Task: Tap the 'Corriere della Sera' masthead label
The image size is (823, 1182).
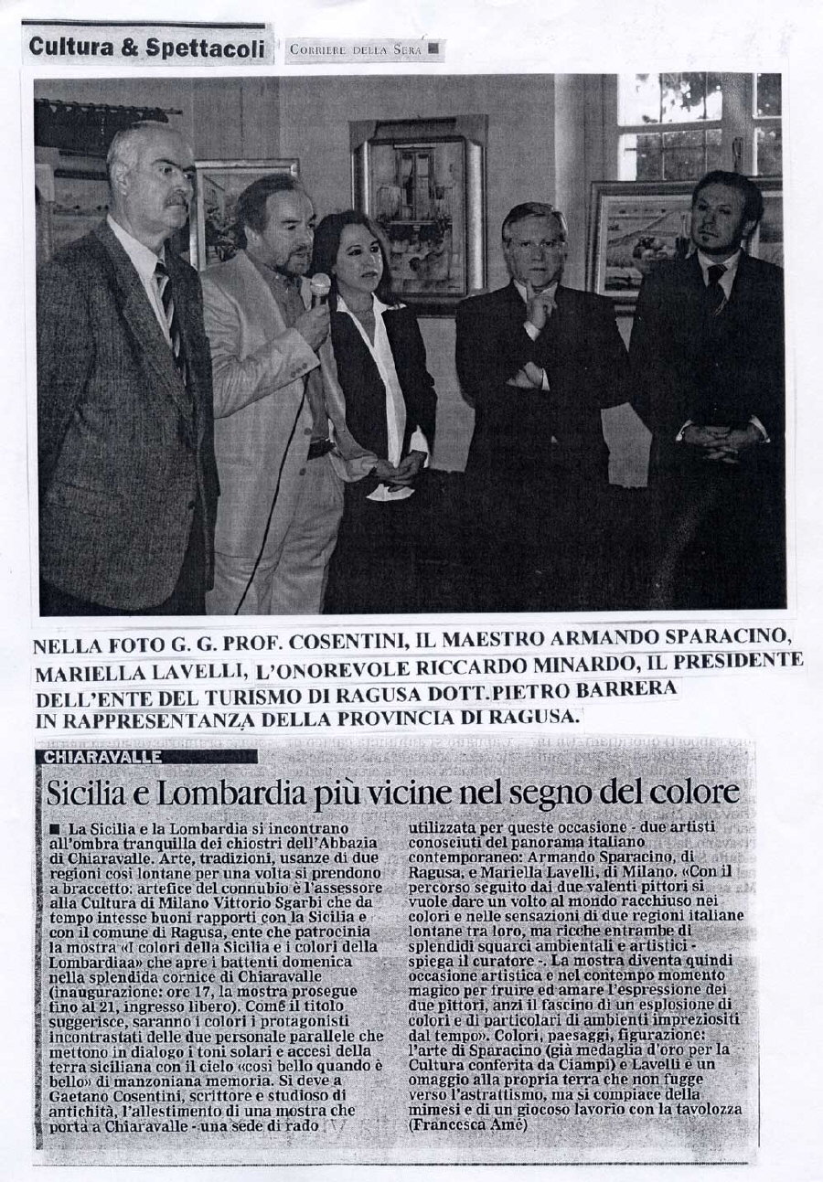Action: point(357,49)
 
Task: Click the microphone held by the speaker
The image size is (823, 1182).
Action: point(319,287)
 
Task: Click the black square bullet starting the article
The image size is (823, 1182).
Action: point(54,825)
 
